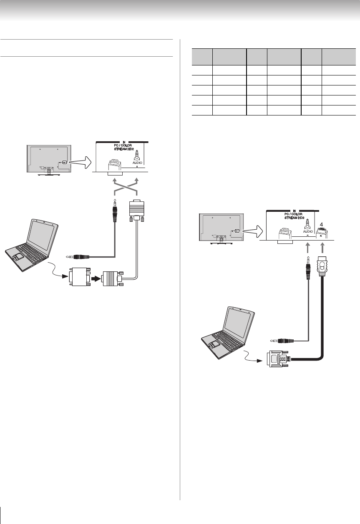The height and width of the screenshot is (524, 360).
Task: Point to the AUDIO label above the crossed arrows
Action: [x=137, y=163]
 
